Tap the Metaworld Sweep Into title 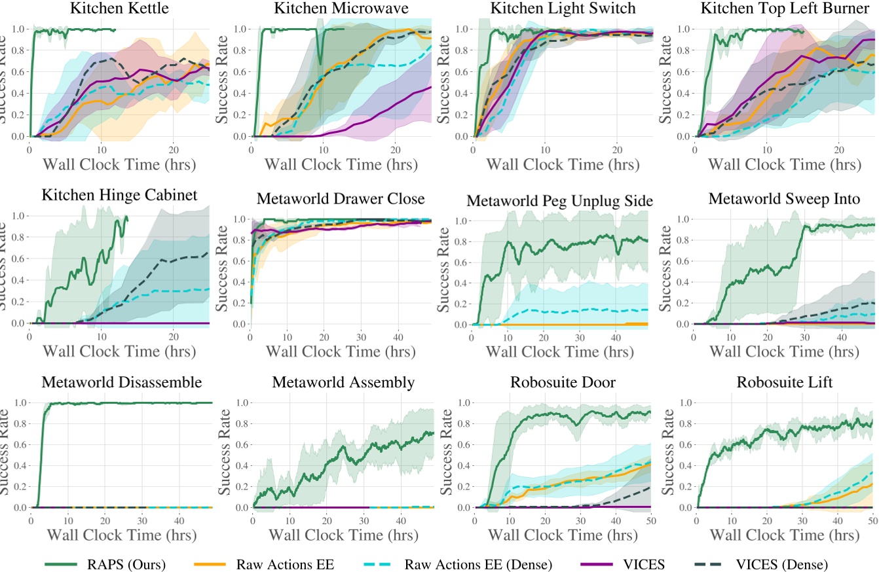[784, 200]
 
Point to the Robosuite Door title [563, 382]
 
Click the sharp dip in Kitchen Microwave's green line [320, 63]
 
